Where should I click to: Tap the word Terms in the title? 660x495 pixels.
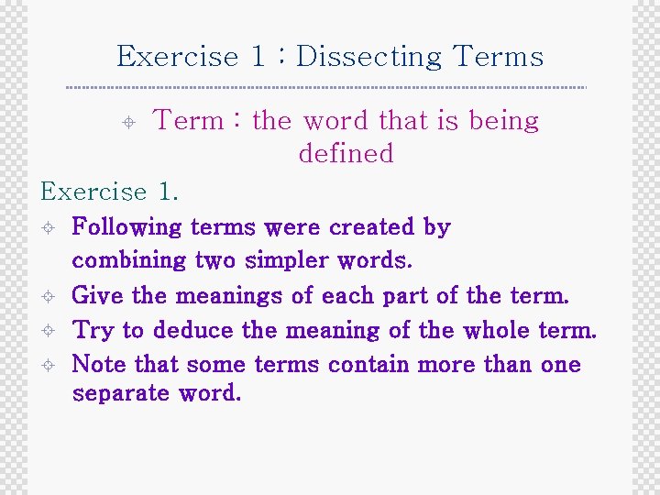point(499,57)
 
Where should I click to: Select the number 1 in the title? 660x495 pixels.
point(258,57)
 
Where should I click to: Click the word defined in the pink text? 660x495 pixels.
point(346,153)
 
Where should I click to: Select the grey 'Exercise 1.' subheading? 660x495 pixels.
point(110,192)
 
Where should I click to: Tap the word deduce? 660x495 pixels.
point(189,330)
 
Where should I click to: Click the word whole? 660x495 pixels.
point(498,330)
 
